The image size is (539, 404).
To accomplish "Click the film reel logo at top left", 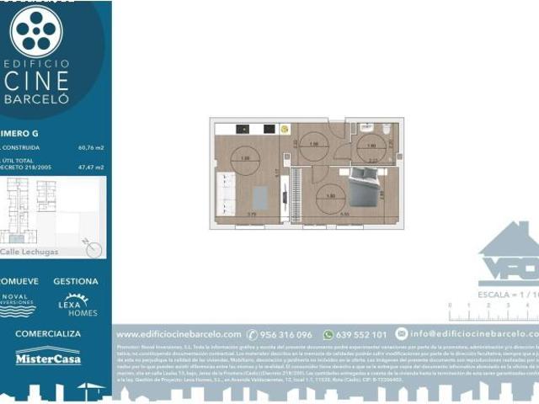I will click(35, 32).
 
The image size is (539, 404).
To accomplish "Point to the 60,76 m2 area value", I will click(91, 147).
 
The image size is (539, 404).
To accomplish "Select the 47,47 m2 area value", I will click(91, 167).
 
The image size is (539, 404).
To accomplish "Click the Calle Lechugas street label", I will click(29, 251).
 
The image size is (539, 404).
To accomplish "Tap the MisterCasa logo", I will click(48, 356).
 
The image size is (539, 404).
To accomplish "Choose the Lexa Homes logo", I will click(77, 306).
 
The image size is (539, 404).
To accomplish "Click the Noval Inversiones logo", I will click(18, 305).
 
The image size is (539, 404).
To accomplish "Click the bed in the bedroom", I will click(365, 186).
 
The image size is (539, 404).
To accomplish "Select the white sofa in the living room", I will click(225, 193).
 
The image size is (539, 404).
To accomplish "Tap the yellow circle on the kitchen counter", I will click(285, 130).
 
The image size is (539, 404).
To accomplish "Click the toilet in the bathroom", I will click(386, 130).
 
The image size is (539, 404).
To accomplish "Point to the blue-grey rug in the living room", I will click(260, 198).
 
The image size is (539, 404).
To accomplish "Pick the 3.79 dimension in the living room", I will click(251, 215).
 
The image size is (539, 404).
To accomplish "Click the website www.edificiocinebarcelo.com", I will click(179, 334).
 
